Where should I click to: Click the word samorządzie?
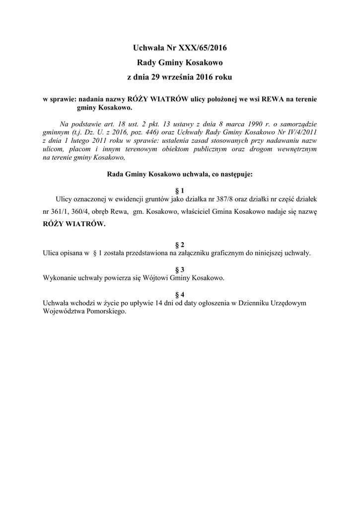[294, 123]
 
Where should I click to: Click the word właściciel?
[190, 211]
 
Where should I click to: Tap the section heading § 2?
[180, 245]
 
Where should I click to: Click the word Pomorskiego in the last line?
[104, 312]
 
